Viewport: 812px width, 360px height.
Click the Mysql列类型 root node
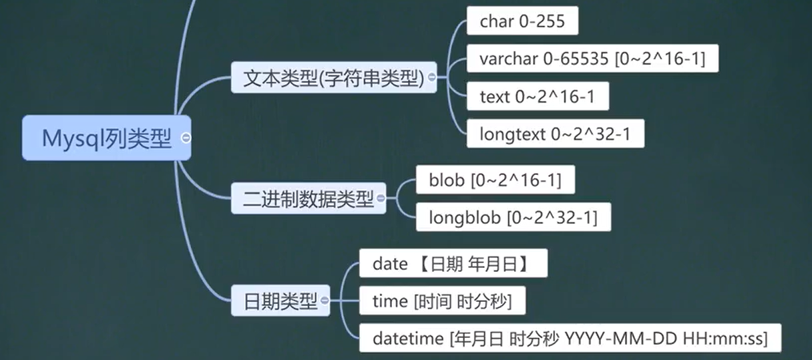tap(106, 138)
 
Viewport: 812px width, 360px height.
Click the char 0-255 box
tap(522, 21)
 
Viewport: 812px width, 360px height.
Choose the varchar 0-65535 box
tap(592, 59)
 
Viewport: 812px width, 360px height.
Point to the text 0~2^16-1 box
tap(537, 97)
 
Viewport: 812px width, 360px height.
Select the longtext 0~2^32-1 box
tap(554, 135)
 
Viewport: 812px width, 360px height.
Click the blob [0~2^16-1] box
tap(495, 180)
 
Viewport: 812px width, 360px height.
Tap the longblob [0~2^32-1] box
tap(513, 218)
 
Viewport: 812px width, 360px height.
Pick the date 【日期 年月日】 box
tap(453, 264)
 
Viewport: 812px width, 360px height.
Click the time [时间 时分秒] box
tap(441, 301)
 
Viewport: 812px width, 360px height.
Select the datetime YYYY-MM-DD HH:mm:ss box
tap(570, 339)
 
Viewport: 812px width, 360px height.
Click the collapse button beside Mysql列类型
tap(186, 138)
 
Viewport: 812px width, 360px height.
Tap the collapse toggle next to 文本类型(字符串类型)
tap(431, 77)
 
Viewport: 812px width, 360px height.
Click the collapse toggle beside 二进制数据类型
tap(381, 198)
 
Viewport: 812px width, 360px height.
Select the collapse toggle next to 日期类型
tap(325, 301)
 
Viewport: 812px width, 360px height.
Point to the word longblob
tap(464, 218)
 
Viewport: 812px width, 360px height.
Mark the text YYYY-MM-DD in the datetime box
tap(620, 339)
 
